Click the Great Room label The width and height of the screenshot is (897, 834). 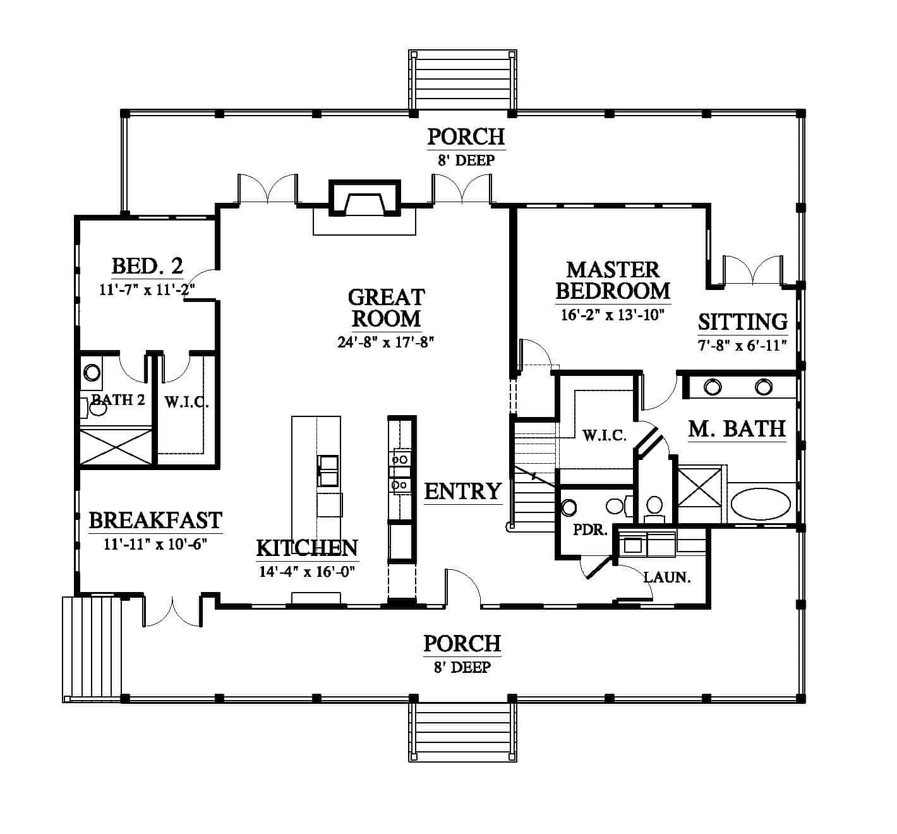coord(386,308)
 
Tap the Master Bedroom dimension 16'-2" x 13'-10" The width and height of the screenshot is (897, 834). coord(613,315)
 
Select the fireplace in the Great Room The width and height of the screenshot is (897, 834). coord(364,198)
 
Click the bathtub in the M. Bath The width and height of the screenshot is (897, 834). coord(761,504)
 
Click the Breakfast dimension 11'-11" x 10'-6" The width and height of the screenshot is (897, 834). coord(155,544)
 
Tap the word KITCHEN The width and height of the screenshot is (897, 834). coord(307,548)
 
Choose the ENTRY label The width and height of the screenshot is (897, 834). coord(463,492)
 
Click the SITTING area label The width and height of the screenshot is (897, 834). coord(742,322)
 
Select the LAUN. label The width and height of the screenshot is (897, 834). coord(667,577)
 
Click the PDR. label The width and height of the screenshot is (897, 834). coord(590,530)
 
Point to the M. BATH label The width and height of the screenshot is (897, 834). coord(737,429)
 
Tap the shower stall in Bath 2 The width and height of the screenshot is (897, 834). coord(116,447)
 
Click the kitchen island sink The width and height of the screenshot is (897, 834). coord(328,470)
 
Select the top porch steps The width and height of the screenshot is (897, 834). coord(462,80)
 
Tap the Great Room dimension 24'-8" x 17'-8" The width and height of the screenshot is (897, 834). coord(386,342)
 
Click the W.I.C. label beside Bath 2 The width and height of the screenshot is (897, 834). coord(186,402)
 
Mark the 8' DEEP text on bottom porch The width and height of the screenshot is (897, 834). coord(462,667)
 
